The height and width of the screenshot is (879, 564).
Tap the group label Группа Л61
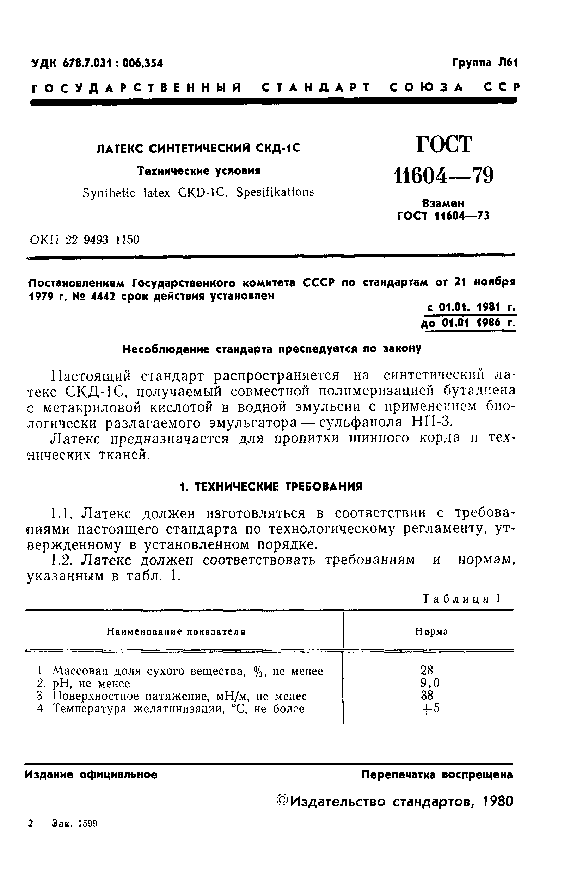[485, 63]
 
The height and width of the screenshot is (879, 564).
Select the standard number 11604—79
[443, 176]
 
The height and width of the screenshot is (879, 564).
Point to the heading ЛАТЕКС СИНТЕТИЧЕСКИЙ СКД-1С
[198, 149]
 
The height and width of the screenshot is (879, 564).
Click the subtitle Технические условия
[199, 171]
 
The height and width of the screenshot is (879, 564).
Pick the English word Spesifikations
[275, 192]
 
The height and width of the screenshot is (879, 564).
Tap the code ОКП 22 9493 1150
[85, 240]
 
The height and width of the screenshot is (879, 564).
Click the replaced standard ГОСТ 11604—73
[443, 217]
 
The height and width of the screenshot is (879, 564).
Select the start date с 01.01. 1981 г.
[471, 308]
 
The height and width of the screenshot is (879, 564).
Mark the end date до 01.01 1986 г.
[469, 323]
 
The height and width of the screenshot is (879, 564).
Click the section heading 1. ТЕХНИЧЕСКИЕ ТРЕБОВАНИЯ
[271, 487]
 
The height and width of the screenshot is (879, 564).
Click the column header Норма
[431, 632]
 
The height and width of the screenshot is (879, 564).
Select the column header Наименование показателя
[176, 632]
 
